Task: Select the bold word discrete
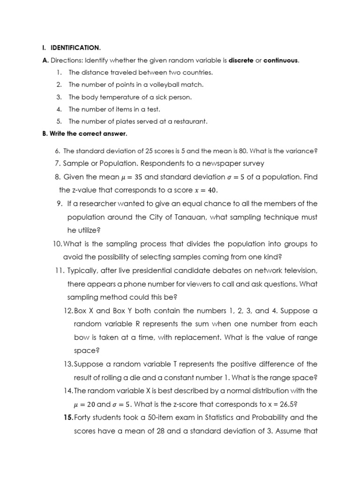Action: tap(240, 60)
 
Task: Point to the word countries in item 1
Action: tap(198, 73)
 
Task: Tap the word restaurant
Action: tap(189, 121)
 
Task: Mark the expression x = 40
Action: tap(207, 190)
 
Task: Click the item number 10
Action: tap(57, 244)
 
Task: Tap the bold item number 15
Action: tap(68, 417)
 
